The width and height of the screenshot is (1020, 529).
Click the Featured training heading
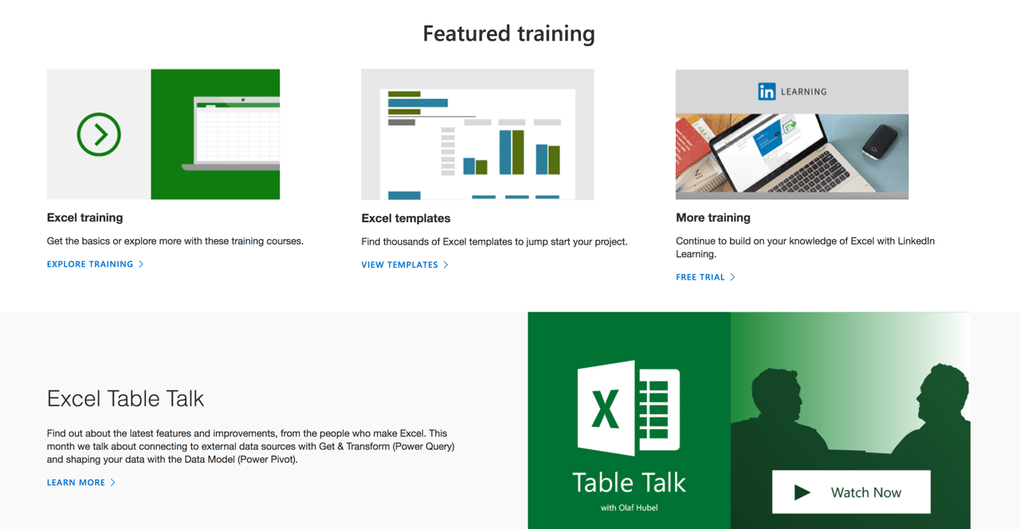pos(508,33)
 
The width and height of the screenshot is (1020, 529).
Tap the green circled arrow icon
pos(99,134)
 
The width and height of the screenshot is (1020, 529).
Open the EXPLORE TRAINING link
pos(90,264)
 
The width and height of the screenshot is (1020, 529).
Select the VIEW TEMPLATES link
pos(399,264)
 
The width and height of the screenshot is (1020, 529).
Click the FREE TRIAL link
pos(700,277)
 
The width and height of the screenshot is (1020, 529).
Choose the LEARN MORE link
pos(76,482)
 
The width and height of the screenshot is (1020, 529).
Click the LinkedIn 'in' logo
pos(767,92)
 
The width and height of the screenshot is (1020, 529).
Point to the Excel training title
pos(84,217)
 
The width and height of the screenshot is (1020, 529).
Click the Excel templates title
pos(406,218)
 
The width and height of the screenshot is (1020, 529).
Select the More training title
pos(712,217)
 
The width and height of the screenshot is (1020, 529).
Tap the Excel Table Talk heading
pos(125,398)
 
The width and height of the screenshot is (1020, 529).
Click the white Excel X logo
pos(629,408)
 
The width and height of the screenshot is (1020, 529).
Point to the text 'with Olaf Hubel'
pos(629,507)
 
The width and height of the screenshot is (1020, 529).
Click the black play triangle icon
pos(802,492)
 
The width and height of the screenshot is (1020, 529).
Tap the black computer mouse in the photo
pos(880,141)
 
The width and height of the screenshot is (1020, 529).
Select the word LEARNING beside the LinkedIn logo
pos(803,92)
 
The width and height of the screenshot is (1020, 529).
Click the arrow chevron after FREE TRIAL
pos(732,277)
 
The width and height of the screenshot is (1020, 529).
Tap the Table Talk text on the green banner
pos(629,482)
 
